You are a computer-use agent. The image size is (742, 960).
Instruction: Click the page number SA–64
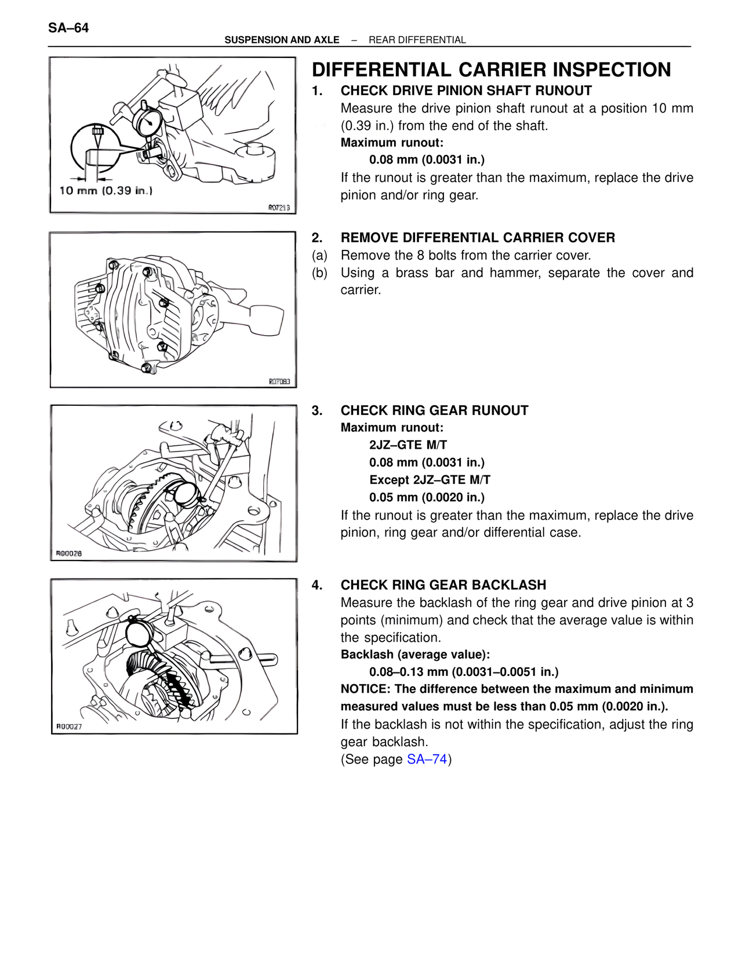pyautogui.click(x=69, y=28)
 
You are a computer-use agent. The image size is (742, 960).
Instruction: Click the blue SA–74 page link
pyautogui.click(x=427, y=759)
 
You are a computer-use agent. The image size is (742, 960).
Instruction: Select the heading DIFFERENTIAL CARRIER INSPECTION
pyautogui.click(x=491, y=70)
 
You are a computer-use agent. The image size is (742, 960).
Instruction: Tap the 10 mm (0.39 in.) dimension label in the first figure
pyautogui.click(x=106, y=191)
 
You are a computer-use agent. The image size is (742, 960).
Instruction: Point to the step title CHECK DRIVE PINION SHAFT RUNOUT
pyautogui.click(x=466, y=90)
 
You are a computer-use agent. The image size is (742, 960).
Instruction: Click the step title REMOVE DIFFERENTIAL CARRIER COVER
pyautogui.click(x=478, y=238)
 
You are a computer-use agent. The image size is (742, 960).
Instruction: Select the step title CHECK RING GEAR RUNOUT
pyautogui.click(x=434, y=410)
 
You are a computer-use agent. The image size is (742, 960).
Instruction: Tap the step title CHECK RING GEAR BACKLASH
pyautogui.click(x=443, y=585)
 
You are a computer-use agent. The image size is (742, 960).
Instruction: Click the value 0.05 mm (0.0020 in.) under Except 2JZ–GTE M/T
pyautogui.click(x=427, y=497)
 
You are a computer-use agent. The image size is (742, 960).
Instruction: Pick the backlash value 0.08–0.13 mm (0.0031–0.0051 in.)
pyautogui.click(x=464, y=672)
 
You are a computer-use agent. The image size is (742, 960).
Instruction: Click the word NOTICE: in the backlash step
pyautogui.click(x=365, y=689)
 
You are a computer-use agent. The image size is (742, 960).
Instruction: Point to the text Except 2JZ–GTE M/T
pyautogui.click(x=430, y=480)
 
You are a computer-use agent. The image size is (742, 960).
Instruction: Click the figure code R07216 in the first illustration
pyautogui.click(x=278, y=207)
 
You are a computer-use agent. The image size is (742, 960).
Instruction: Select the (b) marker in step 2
pyautogui.click(x=319, y=272)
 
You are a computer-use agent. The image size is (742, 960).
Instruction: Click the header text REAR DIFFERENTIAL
pyautogui.click(x=417, y=40)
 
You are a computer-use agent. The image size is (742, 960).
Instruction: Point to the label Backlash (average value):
pyautogui.click(x=415, y=654)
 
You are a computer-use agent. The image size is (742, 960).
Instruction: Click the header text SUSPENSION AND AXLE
pyautogui.click(x=282, y=40)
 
